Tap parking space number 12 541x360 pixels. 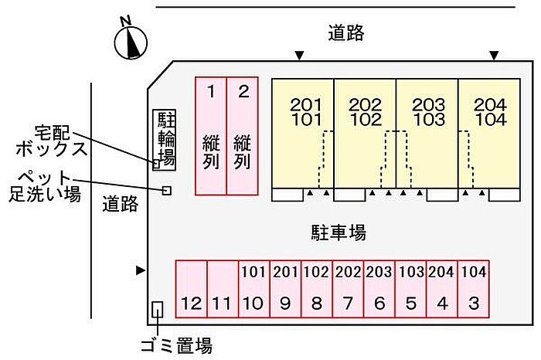click(x=192, y=289)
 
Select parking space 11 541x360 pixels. click(x=223, y=289)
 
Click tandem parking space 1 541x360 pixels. click(x=211, y=136)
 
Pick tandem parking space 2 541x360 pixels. click(x=243, y=136)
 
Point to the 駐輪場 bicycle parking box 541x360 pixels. click(x=164, y=140)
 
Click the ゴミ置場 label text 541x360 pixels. click(x=176, y=345)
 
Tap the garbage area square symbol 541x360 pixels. click(x=158, y=310)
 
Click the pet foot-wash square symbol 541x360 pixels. click(x=167, y=190)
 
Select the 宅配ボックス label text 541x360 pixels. click(x=51, y=141)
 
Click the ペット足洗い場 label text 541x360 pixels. click(x=45, y=186)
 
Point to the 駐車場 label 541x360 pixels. click(x=339, y=232)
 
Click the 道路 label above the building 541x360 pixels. click(x=346, y=32)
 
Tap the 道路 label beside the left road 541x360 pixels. click(x=121, y=204)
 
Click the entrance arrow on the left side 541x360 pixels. click(x=141, y=270)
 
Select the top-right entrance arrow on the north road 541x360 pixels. click(x=494, y=55)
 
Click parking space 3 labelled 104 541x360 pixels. click(x=473, y=289)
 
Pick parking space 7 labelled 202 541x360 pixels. click(x=348, y=289)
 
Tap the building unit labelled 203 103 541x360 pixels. click(x=427, y=134)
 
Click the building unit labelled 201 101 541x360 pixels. click(x=303, y=134)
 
